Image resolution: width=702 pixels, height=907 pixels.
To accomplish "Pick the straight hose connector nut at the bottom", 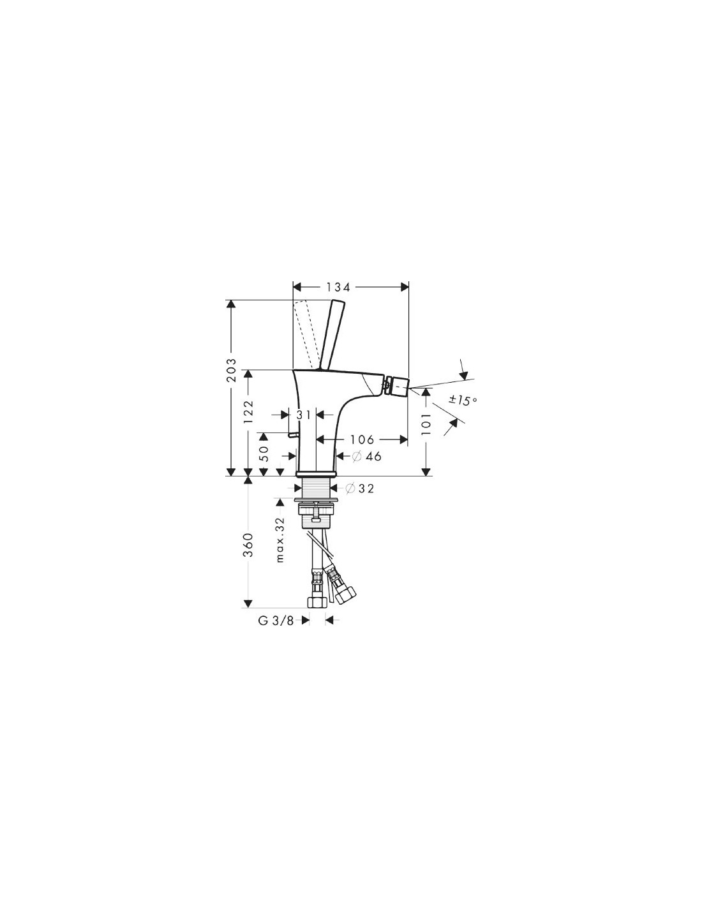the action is pos(316,602).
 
